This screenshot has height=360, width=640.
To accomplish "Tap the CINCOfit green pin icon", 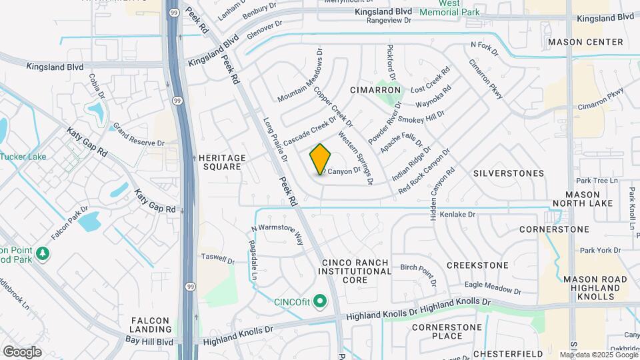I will click(320, 302).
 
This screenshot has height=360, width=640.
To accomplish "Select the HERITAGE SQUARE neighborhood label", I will click(223, 162).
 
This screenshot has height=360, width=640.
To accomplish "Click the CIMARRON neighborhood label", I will click(375, 89).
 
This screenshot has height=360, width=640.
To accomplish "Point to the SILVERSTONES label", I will click(509, 173).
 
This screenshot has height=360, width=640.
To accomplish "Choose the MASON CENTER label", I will click(585, 42).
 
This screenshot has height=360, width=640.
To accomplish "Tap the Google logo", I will click(22, 351).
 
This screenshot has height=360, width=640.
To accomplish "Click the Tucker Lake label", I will click(24, 157).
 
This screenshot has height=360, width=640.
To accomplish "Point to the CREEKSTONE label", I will click(477, 265).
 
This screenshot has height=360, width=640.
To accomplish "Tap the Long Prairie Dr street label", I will click(275, 140).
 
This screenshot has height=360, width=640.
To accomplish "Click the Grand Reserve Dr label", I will click(138, 135).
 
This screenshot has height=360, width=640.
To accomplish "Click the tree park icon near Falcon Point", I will click(43, 253).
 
